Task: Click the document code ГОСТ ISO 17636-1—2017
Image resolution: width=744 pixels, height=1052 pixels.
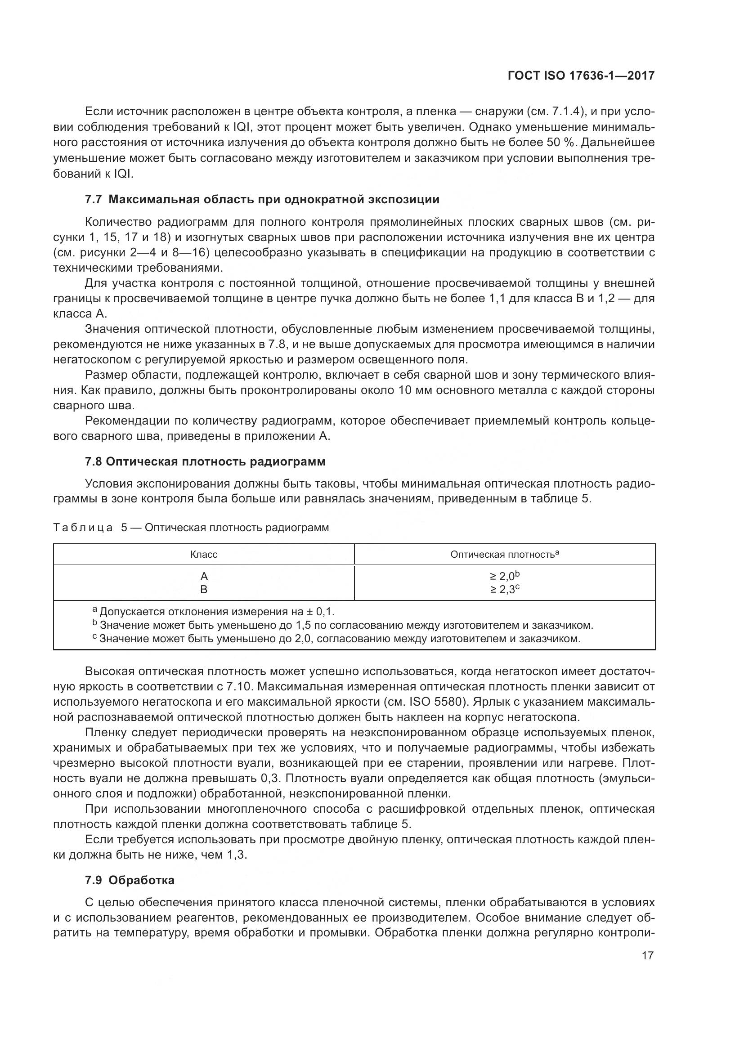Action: (581, 76)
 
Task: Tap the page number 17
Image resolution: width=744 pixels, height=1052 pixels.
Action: (647, 956)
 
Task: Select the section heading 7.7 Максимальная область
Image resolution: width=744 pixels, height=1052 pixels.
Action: (262, 199)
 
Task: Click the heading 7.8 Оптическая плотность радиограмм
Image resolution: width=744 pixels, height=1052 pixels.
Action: (205, 461)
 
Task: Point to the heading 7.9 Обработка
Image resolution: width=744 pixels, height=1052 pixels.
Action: (130, 880)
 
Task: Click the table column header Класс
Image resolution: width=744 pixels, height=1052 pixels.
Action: (203, 555)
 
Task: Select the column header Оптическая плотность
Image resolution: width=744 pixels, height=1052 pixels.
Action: (504, 555)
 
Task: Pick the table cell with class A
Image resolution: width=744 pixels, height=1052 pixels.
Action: (204, 576)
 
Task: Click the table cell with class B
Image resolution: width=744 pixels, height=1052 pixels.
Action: (204, 589)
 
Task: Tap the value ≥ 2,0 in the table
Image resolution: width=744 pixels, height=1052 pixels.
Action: (504, 576)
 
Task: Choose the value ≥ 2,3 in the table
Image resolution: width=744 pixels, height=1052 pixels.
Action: (504, 589)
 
